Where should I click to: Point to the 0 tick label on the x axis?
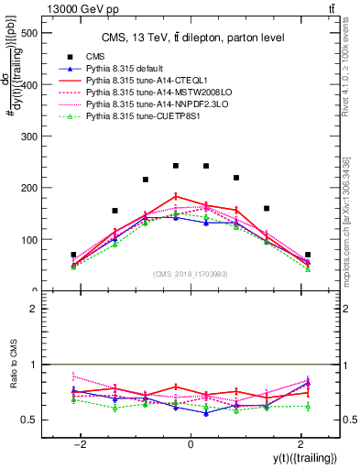pyautogui.click(x=191, y=444)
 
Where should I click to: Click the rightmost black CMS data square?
pyautogui.click(x=308, y=255)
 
